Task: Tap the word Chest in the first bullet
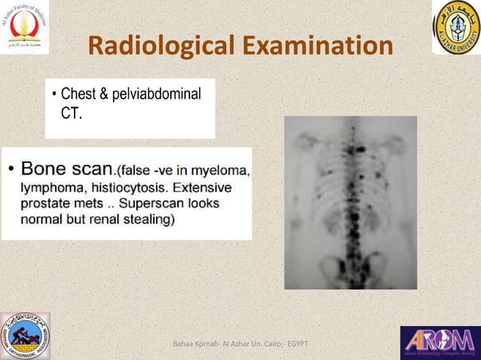78,95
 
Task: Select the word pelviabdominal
158,95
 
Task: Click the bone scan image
350,202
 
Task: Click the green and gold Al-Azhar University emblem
456,27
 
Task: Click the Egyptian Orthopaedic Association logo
25,336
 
